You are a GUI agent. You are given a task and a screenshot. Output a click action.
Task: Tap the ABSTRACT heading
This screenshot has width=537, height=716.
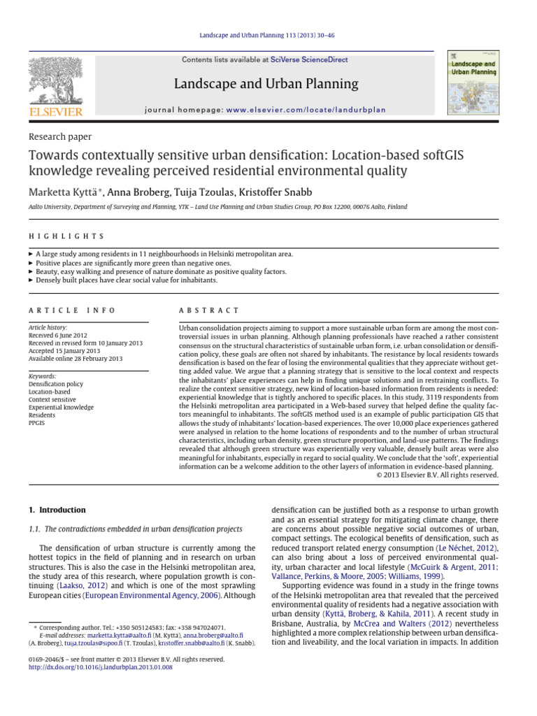[209, 310]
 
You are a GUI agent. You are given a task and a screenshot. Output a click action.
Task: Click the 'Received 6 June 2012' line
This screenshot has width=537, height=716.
[61, 335]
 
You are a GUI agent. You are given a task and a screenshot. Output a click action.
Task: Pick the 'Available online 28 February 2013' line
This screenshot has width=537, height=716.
[75, 359]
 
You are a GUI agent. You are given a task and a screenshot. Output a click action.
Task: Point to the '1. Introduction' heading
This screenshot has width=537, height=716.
[57, 510]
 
